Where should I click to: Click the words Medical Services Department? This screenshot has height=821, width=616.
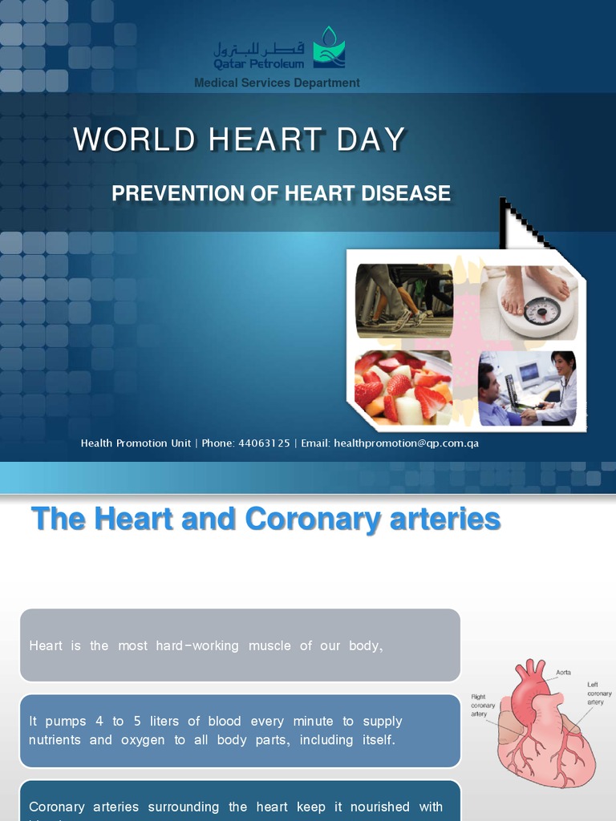click(277, 83)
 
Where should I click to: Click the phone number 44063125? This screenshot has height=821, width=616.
click(264, 443)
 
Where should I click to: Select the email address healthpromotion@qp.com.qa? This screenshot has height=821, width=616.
click(406, 443)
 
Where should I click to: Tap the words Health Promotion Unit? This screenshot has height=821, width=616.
click(136, 443)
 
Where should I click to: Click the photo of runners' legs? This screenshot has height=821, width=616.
click(403, 301)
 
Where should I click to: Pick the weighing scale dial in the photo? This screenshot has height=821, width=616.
click(541, 311)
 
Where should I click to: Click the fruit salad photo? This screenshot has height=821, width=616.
click(403, 387)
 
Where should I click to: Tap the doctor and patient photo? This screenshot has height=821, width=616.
click(527, 388)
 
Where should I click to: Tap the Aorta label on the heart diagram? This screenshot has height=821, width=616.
click(564, 673)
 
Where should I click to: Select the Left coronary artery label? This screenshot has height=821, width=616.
click(599, 693)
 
